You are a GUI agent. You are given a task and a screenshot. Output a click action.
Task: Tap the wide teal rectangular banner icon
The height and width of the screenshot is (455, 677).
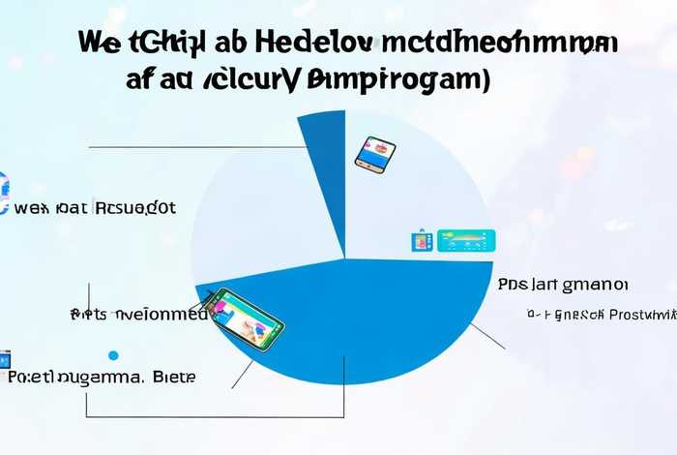click(465, 240)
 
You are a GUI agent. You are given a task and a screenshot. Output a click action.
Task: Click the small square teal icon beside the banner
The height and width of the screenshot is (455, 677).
click(423, 241)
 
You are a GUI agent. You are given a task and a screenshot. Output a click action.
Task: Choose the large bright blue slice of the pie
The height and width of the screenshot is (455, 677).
click(387, 319)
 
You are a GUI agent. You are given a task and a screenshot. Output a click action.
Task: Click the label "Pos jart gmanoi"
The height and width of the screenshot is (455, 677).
click(563, 285)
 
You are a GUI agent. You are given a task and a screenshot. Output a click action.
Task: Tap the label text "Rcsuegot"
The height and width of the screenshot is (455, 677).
click(135, 207)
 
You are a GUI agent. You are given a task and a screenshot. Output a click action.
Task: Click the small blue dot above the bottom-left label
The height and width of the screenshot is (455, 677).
click(113, 355)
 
